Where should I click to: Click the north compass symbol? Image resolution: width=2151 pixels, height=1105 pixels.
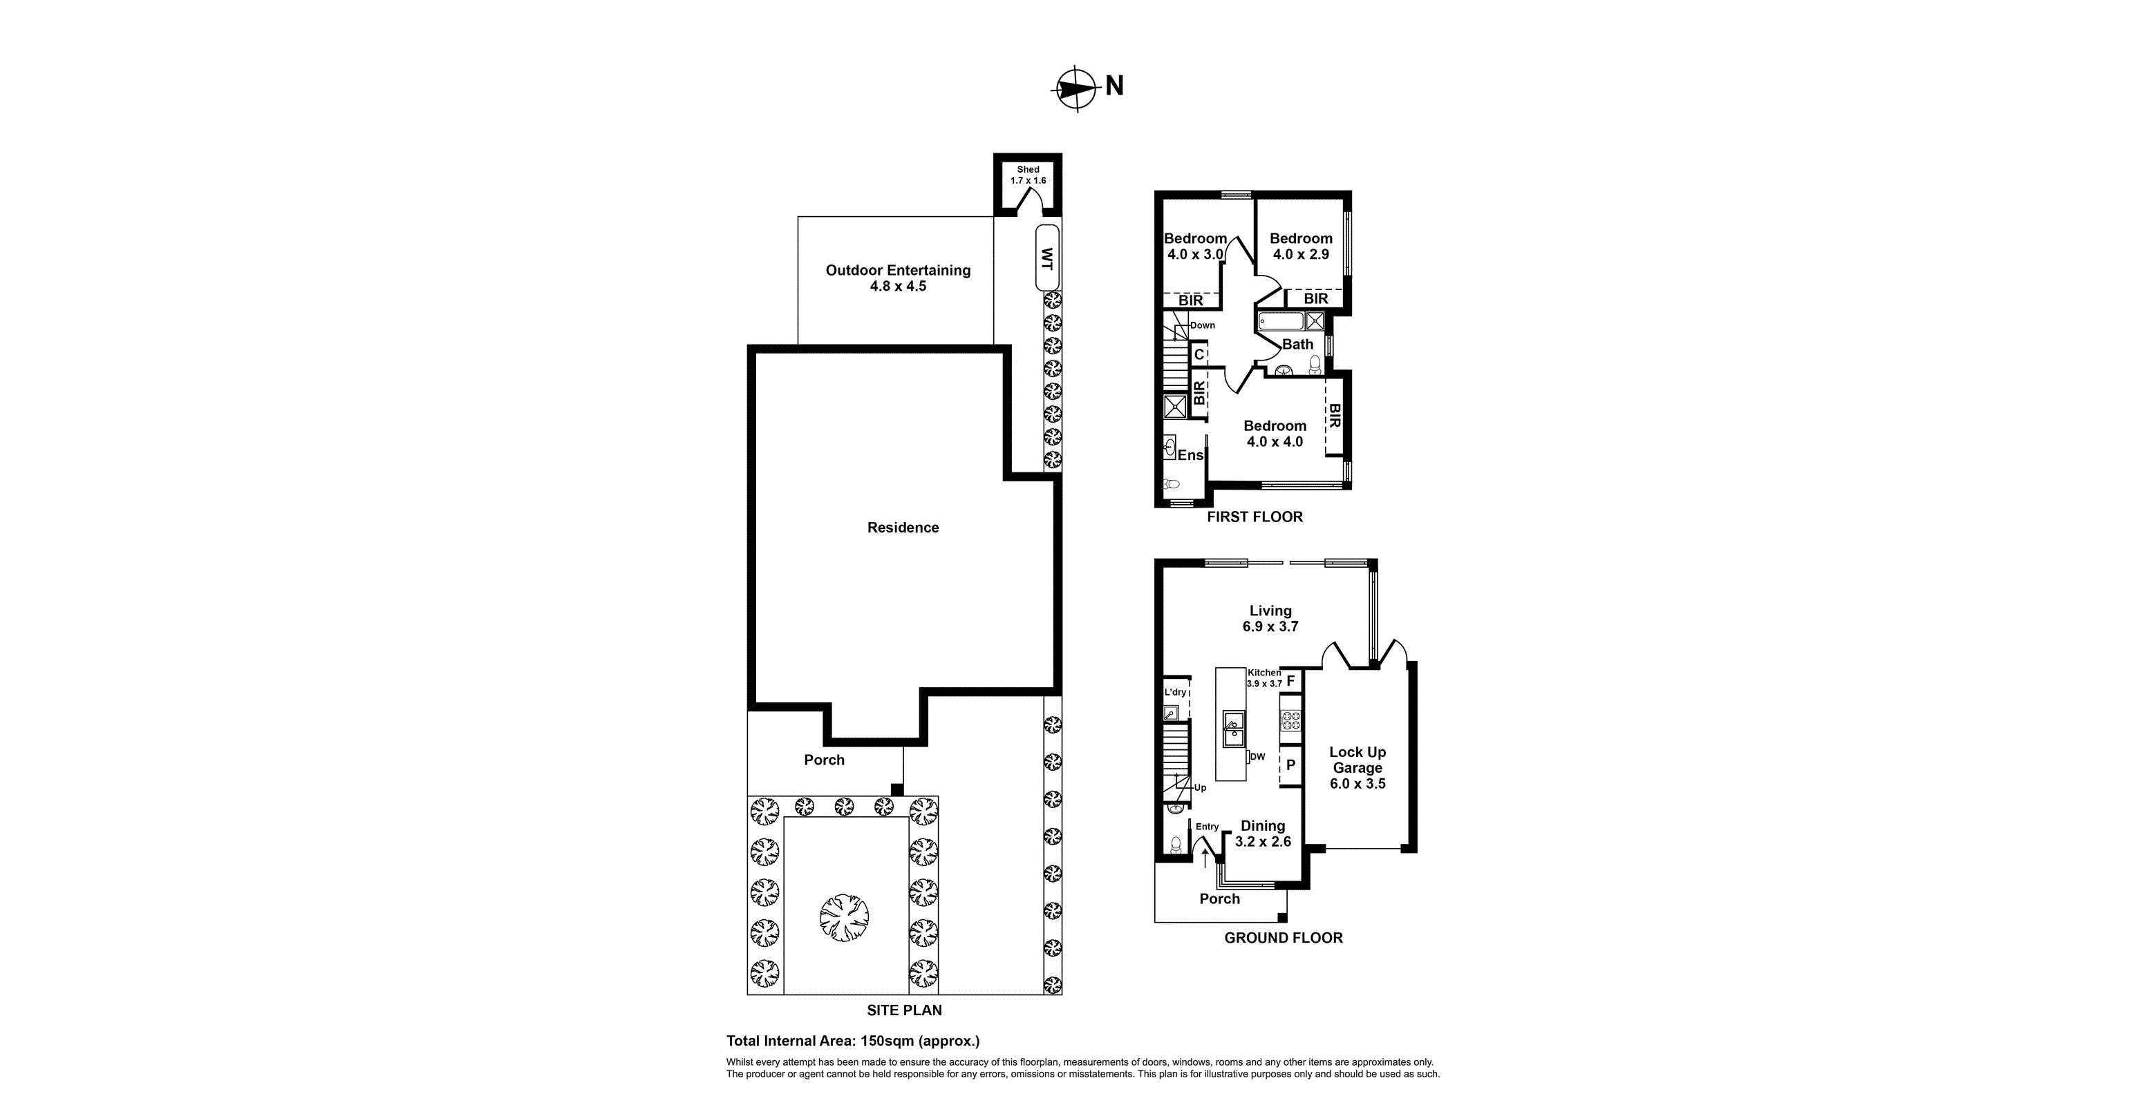[1076, 88]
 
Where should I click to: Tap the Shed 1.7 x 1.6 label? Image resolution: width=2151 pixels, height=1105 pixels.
[1028, 175]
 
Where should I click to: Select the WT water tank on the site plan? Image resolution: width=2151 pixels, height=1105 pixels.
[1047, 257]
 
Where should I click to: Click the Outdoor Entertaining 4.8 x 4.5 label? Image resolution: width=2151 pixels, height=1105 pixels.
[898, 278]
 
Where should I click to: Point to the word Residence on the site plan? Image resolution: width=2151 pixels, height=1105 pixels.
[903, 528]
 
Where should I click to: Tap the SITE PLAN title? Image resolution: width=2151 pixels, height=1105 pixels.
[903, 1010]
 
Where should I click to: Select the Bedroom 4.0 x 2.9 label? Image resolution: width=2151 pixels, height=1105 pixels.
[1301, 246]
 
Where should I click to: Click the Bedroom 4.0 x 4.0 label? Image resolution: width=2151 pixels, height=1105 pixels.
[1275, 434]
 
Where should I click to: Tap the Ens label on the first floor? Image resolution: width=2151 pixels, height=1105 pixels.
[1190, 455]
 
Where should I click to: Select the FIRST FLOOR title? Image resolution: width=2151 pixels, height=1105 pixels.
[1255, 517]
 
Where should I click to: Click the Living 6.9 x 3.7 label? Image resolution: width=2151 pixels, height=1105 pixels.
[1270, 618]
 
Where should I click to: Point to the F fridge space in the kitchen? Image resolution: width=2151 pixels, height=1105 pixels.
[1290, 681]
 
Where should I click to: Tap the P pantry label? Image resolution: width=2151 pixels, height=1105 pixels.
[1290, 765]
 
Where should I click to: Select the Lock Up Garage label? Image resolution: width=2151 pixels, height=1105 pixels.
[1357, 767]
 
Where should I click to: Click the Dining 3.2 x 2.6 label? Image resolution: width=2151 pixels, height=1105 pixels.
[1263, 834]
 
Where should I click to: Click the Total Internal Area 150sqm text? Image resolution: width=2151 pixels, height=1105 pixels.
[852, 1041]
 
